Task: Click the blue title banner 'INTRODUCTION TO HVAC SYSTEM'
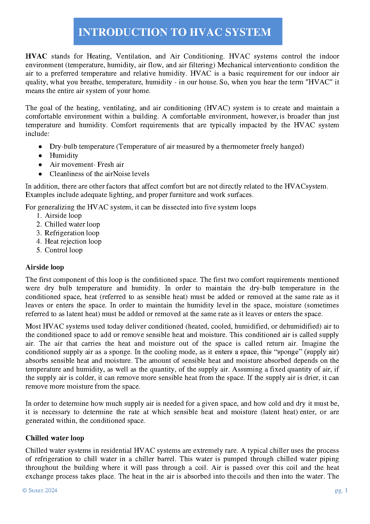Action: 178,31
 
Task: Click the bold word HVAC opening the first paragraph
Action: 36,56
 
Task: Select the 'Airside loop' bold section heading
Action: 45,267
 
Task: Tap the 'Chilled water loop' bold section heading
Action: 55,438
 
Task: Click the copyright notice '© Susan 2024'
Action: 40,490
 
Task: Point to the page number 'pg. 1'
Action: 341,490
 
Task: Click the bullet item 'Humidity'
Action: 64,156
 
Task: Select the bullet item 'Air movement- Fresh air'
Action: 87,165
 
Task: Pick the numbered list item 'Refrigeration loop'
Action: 72,233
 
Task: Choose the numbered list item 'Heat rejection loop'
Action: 73,241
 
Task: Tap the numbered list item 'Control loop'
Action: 63,250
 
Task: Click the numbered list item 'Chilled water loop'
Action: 72,224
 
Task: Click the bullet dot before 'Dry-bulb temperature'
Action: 40,147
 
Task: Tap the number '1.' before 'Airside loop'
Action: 39,216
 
